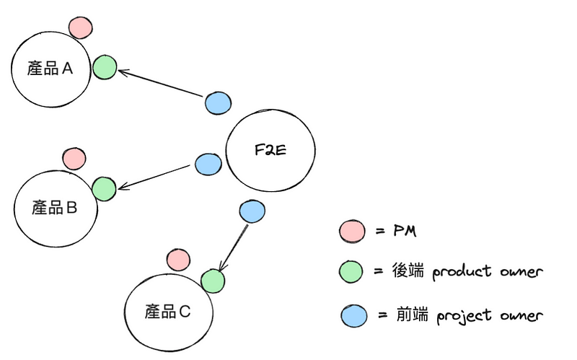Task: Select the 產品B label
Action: click(54, 208)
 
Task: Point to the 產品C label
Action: click(167, 312)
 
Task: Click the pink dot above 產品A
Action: click(80, 27)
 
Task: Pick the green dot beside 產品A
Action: click(105, 67)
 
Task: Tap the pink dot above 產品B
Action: click(74, 157)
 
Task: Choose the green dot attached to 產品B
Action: click(105, 188)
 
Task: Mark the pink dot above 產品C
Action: click(177, 259)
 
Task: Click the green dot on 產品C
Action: click(212, 280)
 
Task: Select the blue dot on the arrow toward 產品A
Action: click(218, 102)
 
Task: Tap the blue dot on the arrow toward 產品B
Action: click(208, 164)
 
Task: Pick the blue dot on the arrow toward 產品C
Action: click(250, 211)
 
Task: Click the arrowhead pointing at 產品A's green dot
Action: click(121, 71)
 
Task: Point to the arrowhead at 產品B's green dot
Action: click(121, 188)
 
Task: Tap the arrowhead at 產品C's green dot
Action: click(220, 270)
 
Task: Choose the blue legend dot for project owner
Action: click(353, 316)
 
